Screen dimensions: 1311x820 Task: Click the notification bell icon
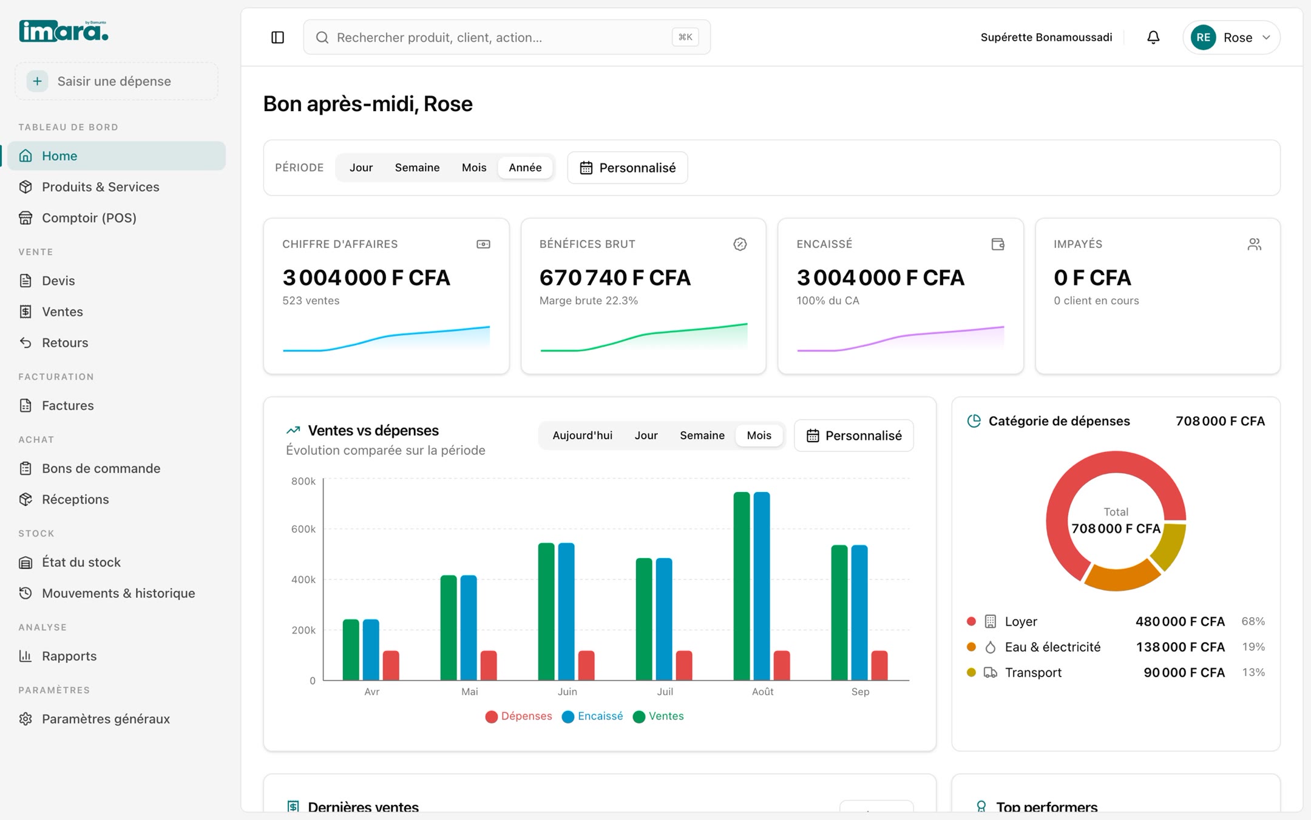(1153, 38)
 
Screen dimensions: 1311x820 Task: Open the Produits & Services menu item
(100, 187)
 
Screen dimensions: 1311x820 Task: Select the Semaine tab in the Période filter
(417, 168)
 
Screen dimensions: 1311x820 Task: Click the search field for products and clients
(507, 38)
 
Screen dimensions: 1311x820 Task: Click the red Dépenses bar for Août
(782, 665)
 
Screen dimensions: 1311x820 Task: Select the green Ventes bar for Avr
(351, 650)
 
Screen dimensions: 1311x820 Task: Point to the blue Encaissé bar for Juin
(566, 612)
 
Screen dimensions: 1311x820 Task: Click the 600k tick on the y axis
(303, 529)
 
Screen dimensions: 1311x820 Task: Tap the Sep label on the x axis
(860, 692)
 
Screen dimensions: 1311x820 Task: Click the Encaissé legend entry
(593, 717)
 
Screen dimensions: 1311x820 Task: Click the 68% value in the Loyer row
(1253, 621)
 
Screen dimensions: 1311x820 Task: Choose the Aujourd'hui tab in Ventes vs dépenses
(582, 436)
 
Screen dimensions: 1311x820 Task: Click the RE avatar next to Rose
(1204, 38)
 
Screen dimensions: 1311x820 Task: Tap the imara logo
(64, 31)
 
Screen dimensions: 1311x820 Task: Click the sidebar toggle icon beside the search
(277, 38)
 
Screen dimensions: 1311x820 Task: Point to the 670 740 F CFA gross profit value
(615, 278)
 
